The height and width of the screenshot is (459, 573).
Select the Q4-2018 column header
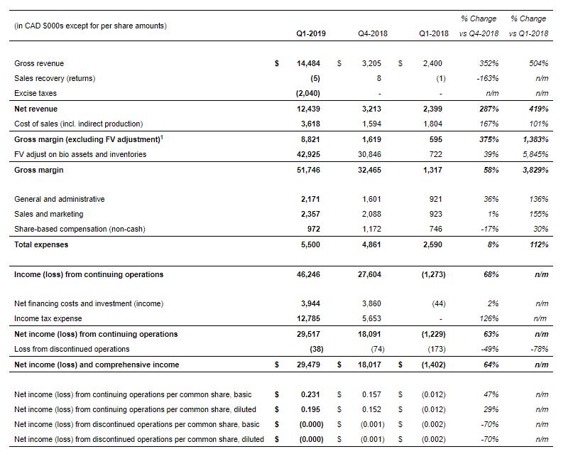[371, 33]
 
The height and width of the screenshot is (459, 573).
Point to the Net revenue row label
[36, 109]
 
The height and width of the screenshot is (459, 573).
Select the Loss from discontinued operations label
[72, 349]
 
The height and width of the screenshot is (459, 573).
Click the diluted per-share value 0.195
[310, 409]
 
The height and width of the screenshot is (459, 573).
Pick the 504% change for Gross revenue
[539, 63]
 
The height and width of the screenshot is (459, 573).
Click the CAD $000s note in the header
[90, 26]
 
